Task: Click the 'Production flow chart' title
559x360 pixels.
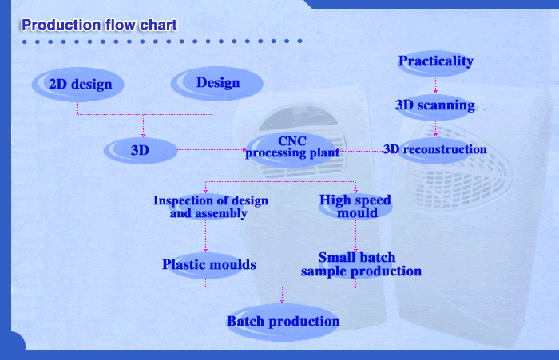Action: pyautogui.click(x=99, y=25)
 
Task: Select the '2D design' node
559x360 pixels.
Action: pyautogui.click(x=78, y=85)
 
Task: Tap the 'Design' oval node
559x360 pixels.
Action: pyautogui.click(x=216, y=83)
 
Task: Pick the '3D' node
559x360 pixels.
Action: pyautogui.click(x=141, y=150)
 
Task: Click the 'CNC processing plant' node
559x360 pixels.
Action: pyautogui.click(x=292, y=150)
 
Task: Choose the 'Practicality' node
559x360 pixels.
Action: pyautogui.click(x=435, y=63)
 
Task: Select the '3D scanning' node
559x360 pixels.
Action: pyautogui.click(x=435, y=107)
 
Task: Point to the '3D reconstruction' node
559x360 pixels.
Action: pyautogui.click(x=435, y=150)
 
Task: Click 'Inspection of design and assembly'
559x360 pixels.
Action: pyautogui.click(x=210, y=207)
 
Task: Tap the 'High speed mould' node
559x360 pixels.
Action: pyautogui.click(x=355, y=207)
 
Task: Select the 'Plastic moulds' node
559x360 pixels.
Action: pyautogui.click(x=209, y=265)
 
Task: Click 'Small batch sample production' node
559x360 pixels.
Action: pyautogui.click(x=361, y=265)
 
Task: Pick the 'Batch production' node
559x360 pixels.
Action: pyautogui.click(x=283, y=322)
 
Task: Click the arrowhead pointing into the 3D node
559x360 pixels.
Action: pyautogui.click(x=143, y=136)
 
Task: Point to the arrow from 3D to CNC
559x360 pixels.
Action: pyautogui.click(x=212, y=150)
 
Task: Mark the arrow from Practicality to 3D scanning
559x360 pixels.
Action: pyautogui.click(x=435, y=85)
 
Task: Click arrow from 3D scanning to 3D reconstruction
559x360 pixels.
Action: pyautogui.click(x=435, y=129)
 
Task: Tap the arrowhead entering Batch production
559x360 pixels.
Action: pyautogui.click(x=283, y=302)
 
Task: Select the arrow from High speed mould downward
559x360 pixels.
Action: pyautogui.click(x=355, y=236)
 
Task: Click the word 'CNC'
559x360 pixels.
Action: pyautogui.click(x=292, y=141)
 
